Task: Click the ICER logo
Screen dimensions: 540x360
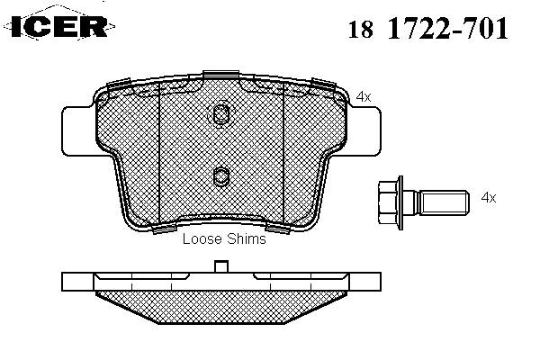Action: pos(59,26)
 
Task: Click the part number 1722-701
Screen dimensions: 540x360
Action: pos(448,28)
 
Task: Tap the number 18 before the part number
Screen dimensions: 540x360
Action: pos(361,30)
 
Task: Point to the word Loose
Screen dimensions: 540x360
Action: pos(201,238)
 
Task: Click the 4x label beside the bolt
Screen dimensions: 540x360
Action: pos(489,198)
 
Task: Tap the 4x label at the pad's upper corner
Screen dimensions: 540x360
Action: pos(364,97)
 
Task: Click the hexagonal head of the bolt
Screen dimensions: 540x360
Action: pos(388,202)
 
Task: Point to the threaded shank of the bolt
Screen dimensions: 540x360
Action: pos(444,202)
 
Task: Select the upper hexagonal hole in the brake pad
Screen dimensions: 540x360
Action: pos(220,114)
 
